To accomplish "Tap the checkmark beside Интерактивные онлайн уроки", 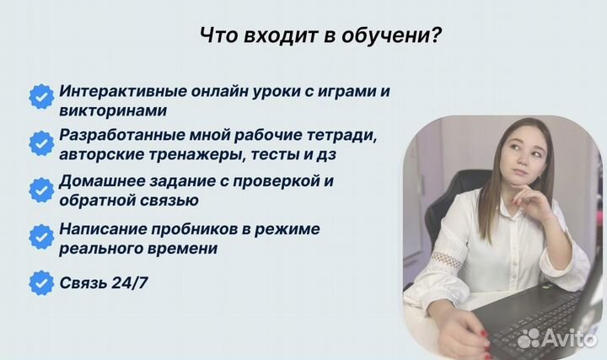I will pos(40,97).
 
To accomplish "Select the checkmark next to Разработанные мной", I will pos(40,143).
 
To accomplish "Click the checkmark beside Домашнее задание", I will pos(40,190).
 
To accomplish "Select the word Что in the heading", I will pos(216,36).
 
